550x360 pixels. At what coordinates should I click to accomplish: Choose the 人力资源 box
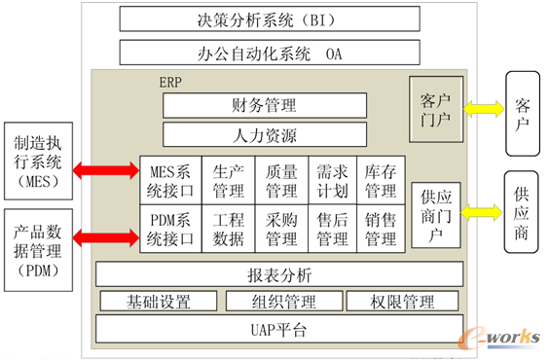coord(265,135)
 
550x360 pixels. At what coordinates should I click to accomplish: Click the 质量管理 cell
coord(281,178)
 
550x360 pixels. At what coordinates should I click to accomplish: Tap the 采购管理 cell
coord(281,230)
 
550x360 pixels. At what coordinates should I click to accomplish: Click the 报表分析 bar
coord(277,275)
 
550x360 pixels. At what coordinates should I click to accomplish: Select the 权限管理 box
coord(401,302)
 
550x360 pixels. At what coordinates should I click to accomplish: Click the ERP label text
coord(169,83)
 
